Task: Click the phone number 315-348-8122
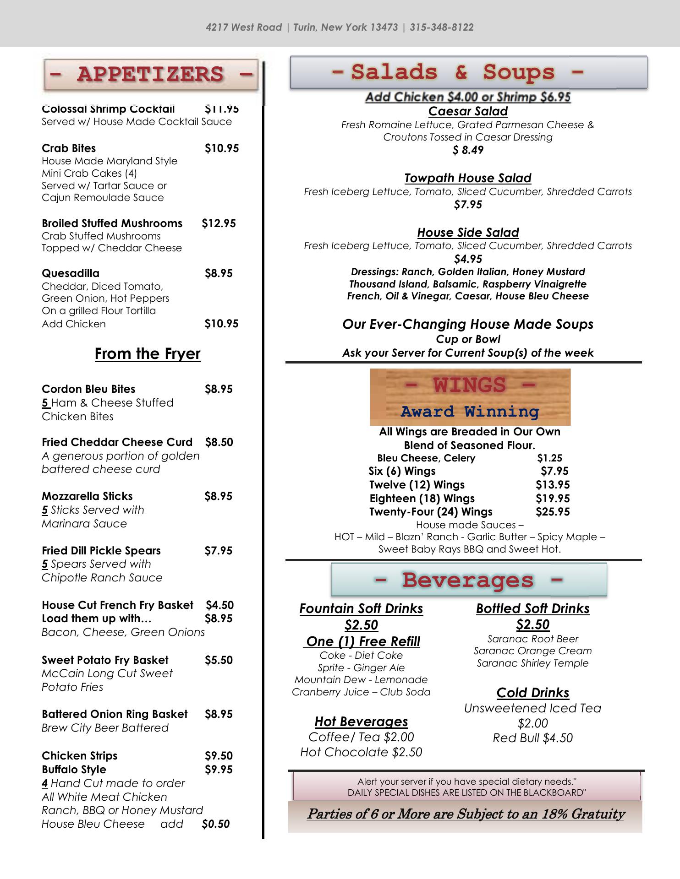click(x=441, y=27)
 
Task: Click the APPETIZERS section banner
click(x=151, y=74)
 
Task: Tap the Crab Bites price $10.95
click(x=222, y=148)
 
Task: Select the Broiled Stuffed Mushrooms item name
click(x=112, y=223)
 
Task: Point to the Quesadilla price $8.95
click(x=219, y=273)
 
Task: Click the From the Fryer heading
click(x=148, y=354)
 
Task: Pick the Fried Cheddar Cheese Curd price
click(x=219, y=442)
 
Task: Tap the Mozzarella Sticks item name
click(x=87, y=496)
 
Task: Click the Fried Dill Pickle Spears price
click(x=219, y=551)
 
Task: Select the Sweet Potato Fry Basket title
click(x=105, y=660)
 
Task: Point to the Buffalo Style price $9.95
click(x=219, y=770)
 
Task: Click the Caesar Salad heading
click(x=468, y=111)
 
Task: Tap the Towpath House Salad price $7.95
click(x=468, y=205)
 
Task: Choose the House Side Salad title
click(x=468, y=233)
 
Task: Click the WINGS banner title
click(x=470, y=385)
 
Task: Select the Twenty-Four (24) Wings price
click(x=553, y=512)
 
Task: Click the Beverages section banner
click(x=469, y=580)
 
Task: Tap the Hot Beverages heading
click(x=361, y=722)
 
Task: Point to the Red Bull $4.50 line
click(x=532, y=738)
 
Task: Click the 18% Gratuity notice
click(x=466, y=814)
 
